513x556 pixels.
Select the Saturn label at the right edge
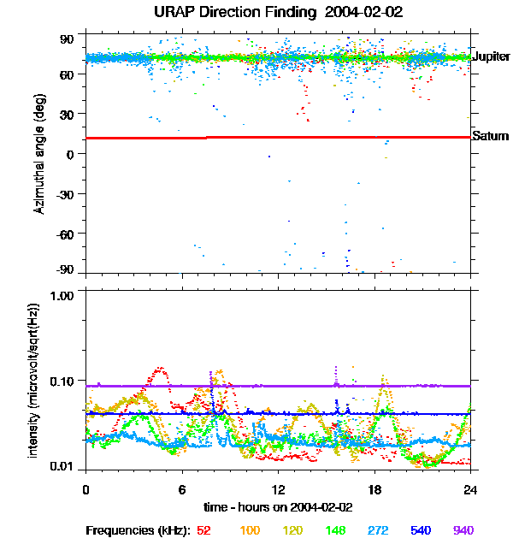click(x=490, y=136)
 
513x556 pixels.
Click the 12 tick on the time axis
click(x=278, y=489)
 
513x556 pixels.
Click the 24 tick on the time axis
click(x=470, y=489)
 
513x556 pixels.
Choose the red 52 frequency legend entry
click(x=204, y=530)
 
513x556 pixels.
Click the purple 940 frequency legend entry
click(x=462, y=530)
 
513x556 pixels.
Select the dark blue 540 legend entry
click(x=419, y=530)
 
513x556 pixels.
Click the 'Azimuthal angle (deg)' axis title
click(x=40, y=154)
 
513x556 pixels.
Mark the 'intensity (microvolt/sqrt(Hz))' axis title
click(x=34, y=379)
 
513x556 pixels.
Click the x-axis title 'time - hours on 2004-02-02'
click(x=278, y=506)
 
